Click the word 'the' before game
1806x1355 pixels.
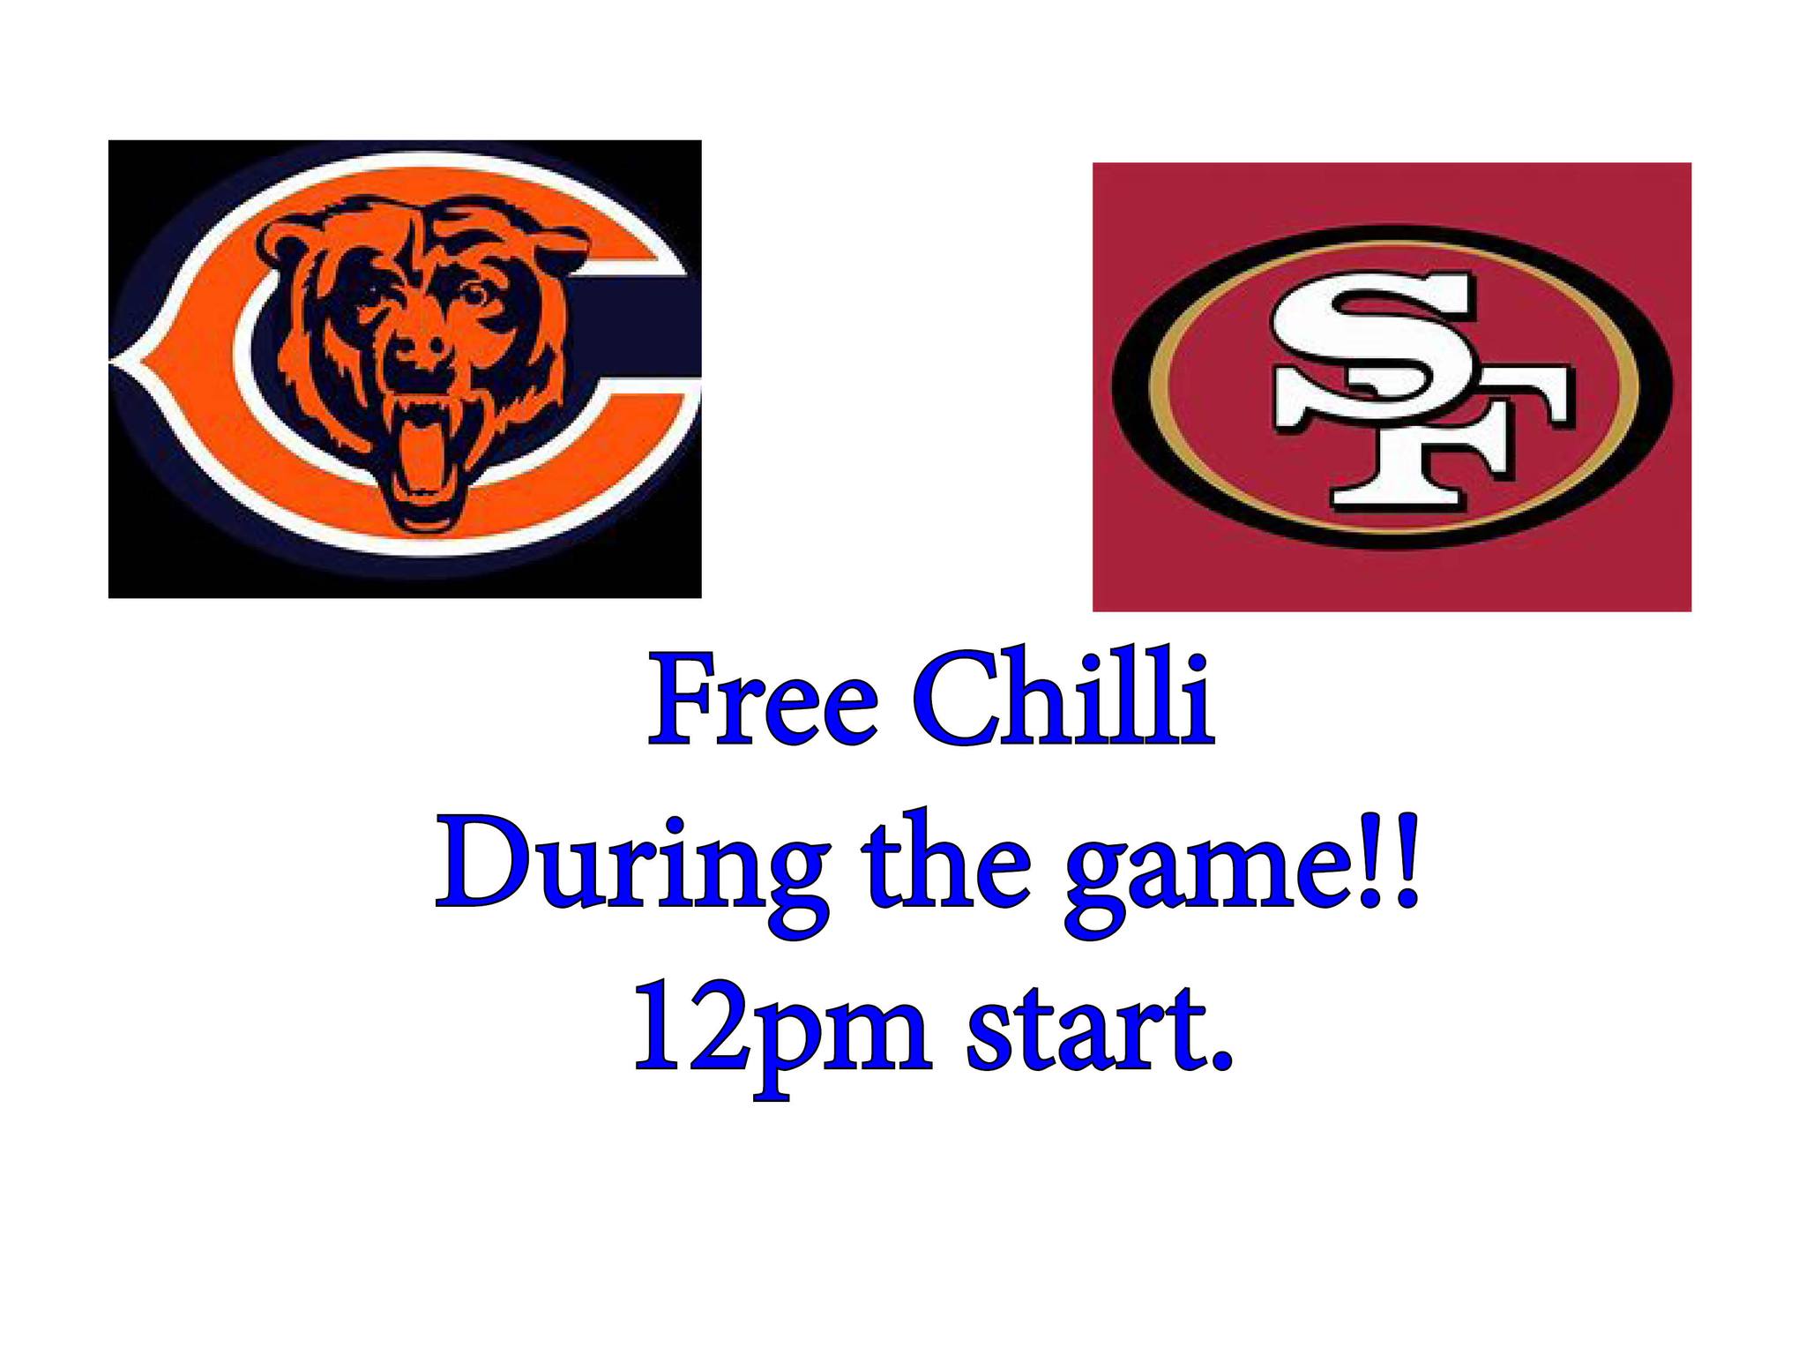pos(946,857)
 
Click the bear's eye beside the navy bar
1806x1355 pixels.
pos(476,294)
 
